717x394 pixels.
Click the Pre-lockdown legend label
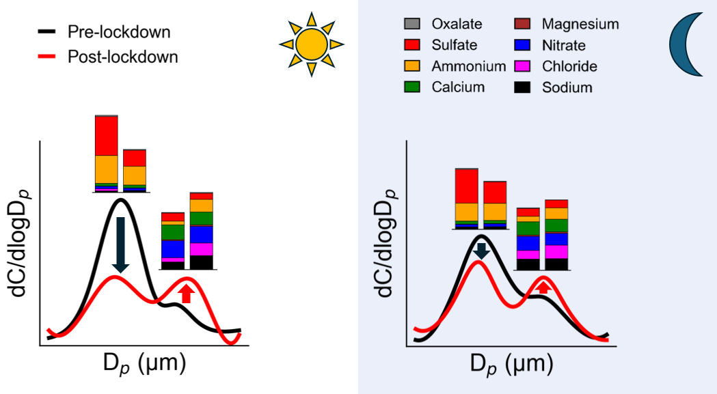[118, 32]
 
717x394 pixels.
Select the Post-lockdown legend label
[122, 57]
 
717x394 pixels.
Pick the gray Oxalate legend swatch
[413, 24]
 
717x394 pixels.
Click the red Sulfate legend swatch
[413, 45]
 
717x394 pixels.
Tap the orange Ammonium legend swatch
[413, 66]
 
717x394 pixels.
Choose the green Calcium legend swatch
[413, 87]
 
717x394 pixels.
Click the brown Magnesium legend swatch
[523, 24]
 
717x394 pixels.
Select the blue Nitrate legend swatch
[523, 45]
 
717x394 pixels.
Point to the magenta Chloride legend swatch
[523, 66]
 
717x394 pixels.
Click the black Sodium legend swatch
[523, 87]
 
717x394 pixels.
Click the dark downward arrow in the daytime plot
[120, 244]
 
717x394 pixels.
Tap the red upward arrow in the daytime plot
[186, 292]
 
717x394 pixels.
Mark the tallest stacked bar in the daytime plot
[107, 154]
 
